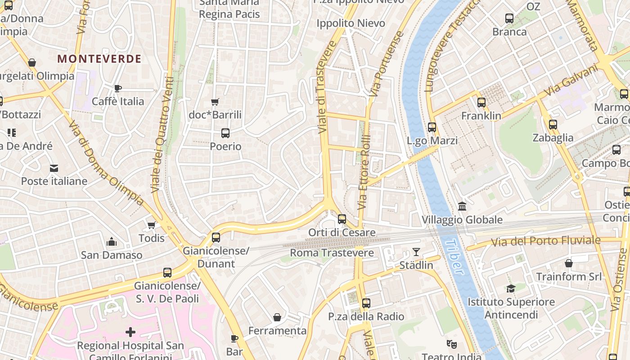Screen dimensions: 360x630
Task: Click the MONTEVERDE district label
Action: pos(99,59)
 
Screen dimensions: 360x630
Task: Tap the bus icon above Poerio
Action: pos(225,133)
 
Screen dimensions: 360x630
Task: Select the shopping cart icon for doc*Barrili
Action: pos(215,102)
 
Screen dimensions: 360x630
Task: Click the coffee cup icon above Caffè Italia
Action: pos(118,88)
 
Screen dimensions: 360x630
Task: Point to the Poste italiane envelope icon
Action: pos(54,168)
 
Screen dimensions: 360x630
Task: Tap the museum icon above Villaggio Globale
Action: pos(462,207)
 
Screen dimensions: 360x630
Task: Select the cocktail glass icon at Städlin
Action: pos(416,252)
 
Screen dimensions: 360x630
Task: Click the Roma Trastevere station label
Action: pos(332,253)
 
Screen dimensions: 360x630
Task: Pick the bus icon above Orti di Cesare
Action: pos(342,219)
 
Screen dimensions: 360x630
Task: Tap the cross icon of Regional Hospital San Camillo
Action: pos(130,333)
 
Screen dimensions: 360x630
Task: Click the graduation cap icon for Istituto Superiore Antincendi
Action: pos(511,288)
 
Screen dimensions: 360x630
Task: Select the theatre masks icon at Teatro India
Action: pos(451,344)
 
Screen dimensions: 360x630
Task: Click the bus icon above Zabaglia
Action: pos(553,125)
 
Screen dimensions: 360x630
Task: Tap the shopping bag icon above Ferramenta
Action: pos(277,318)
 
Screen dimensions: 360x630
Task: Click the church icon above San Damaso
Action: pos(112,242)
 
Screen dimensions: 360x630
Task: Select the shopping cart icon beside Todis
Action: pos(152,225)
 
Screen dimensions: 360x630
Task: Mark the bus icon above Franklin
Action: pos(481,103)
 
